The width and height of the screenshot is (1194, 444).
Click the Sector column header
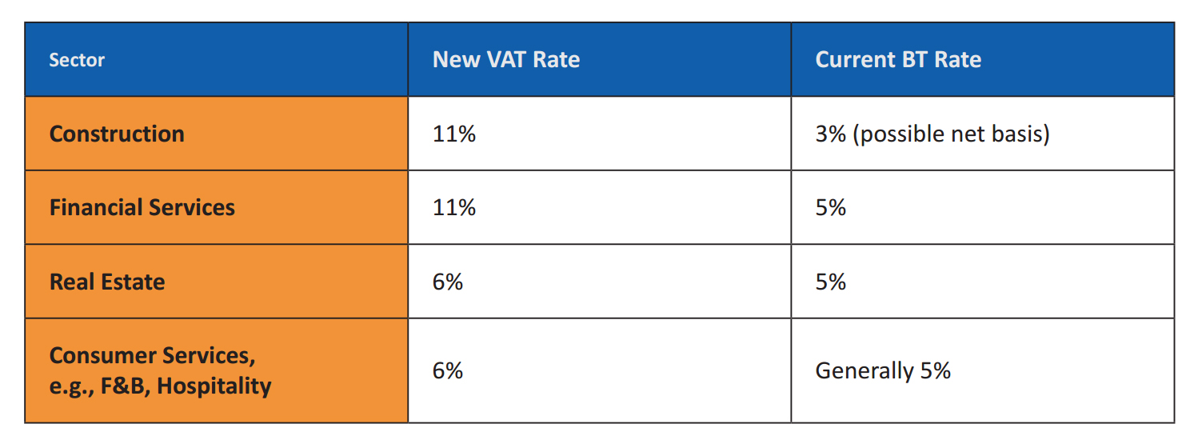coord(77,60)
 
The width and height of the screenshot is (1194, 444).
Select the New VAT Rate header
coord(505,60)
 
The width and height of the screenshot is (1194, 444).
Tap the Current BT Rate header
coord(897,60)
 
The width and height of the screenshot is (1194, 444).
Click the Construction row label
coord(117,134)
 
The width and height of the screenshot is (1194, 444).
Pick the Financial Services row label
coord(142,208)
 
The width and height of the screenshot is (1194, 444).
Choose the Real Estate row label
coord(107,282)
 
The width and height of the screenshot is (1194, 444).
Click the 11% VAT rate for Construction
coord(453,134)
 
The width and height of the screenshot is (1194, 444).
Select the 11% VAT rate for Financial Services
coord(453,208)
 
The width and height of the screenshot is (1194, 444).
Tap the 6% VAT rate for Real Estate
coord(447,282)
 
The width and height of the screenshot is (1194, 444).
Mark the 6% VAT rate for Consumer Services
coord(447,371)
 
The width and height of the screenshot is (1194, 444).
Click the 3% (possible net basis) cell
coord(932,134)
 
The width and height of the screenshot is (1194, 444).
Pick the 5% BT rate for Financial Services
coord(830,208)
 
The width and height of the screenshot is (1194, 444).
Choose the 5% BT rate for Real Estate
coord(830,282)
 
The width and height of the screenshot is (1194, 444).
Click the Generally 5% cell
coord(882,371)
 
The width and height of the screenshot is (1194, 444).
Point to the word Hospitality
coord(214,386)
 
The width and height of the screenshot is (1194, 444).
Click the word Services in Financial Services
coord(191,208)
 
